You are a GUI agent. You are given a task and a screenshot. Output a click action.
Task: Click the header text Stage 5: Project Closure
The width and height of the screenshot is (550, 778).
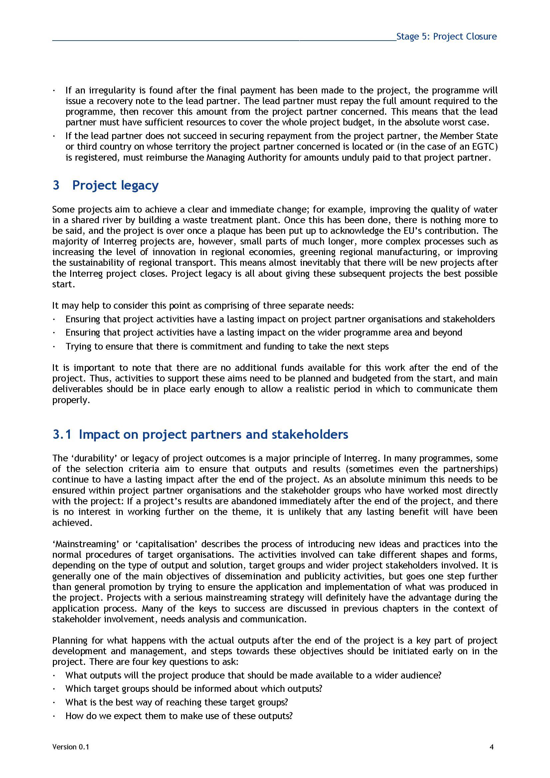tap(446, 37)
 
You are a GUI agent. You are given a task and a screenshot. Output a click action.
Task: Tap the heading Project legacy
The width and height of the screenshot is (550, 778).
tap(115, 185)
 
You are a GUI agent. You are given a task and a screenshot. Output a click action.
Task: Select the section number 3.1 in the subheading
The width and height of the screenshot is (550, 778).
tap(62, 434)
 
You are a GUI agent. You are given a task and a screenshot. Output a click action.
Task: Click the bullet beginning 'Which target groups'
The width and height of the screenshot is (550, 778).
tap(194, 689)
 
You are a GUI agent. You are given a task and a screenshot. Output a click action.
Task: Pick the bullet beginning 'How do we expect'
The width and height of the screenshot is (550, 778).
tap(179, 716)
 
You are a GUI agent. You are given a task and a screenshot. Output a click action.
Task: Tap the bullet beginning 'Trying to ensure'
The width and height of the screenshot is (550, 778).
tap(227, 346)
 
